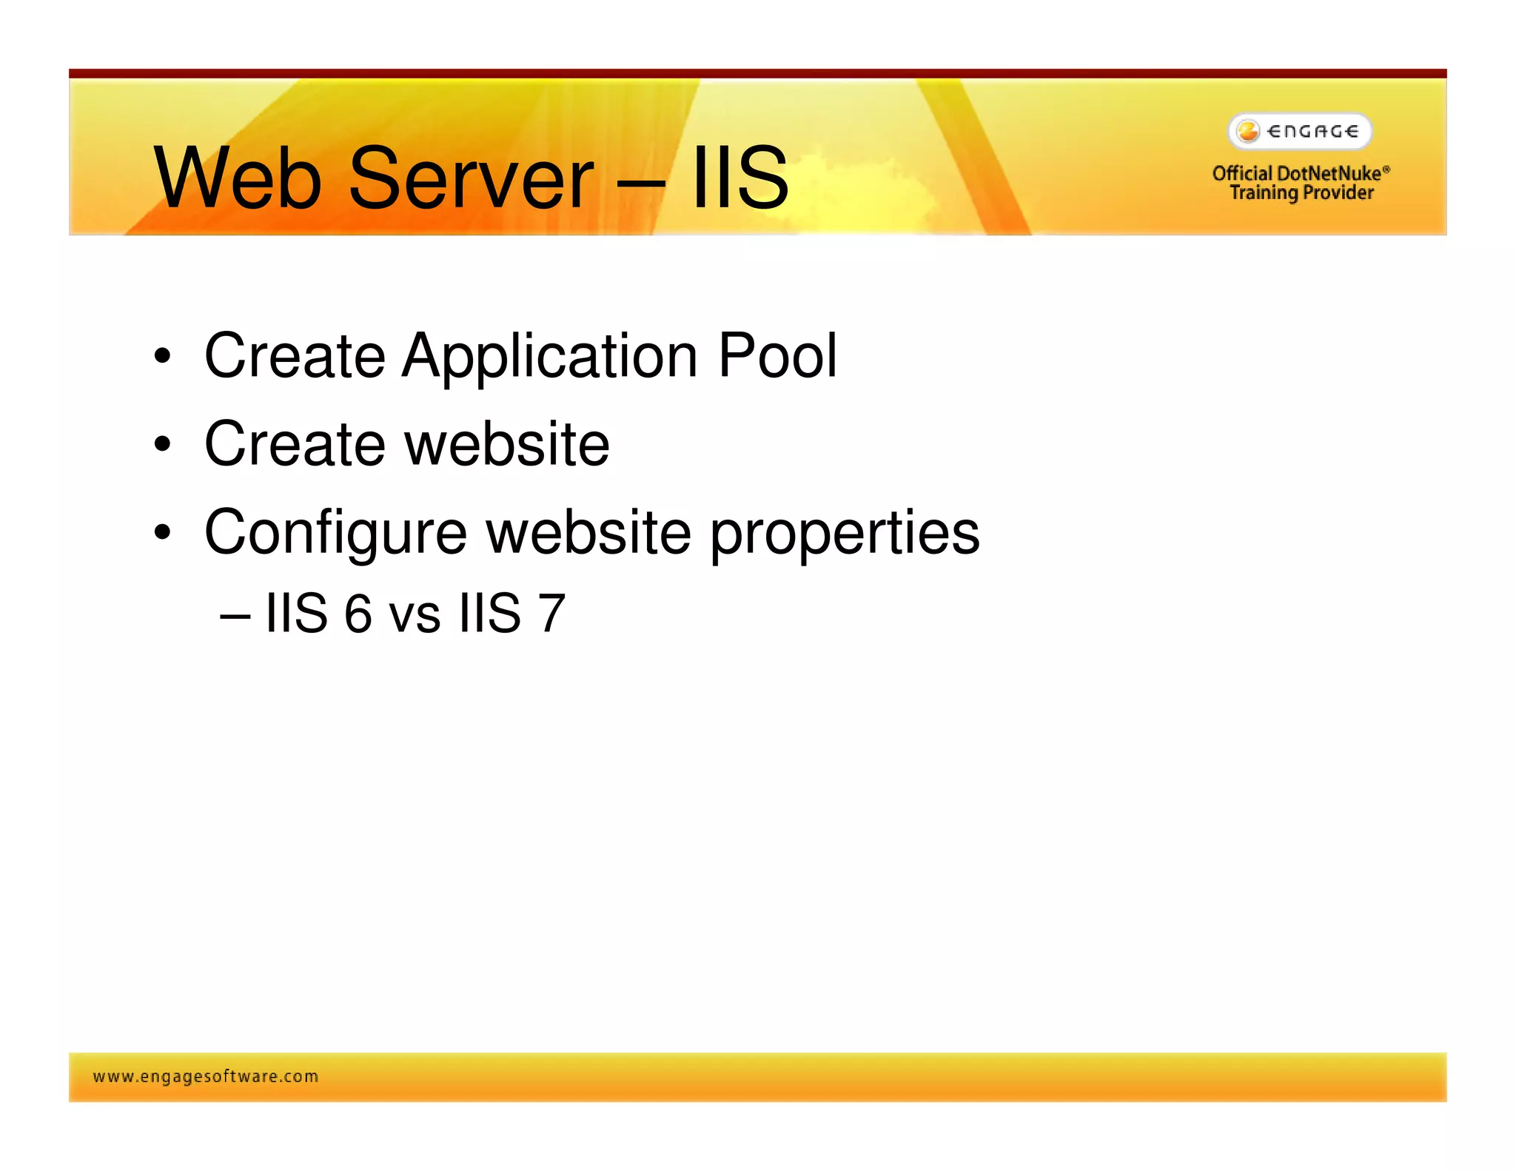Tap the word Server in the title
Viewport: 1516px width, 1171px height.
[471, 178]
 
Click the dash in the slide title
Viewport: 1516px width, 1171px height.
[641, 181]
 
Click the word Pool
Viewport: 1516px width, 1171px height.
[777, 356]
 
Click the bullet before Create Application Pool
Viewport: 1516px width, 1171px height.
[162, 357]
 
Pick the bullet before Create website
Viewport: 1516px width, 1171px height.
[162, 445]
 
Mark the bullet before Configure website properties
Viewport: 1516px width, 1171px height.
[162, 532]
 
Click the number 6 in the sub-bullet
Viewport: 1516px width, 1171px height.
[358, 614]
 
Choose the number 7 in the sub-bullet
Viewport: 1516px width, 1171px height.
[551, 614]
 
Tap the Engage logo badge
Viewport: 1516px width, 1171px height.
[1300, 132]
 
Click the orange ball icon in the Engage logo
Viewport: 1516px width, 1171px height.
[1248, 132]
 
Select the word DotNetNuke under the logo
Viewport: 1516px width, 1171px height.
[1329, 173]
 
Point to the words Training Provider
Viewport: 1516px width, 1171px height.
[1301, 193]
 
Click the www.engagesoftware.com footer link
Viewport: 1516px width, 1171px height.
[206, 1076]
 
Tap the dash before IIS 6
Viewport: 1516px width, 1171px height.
[235, 615]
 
